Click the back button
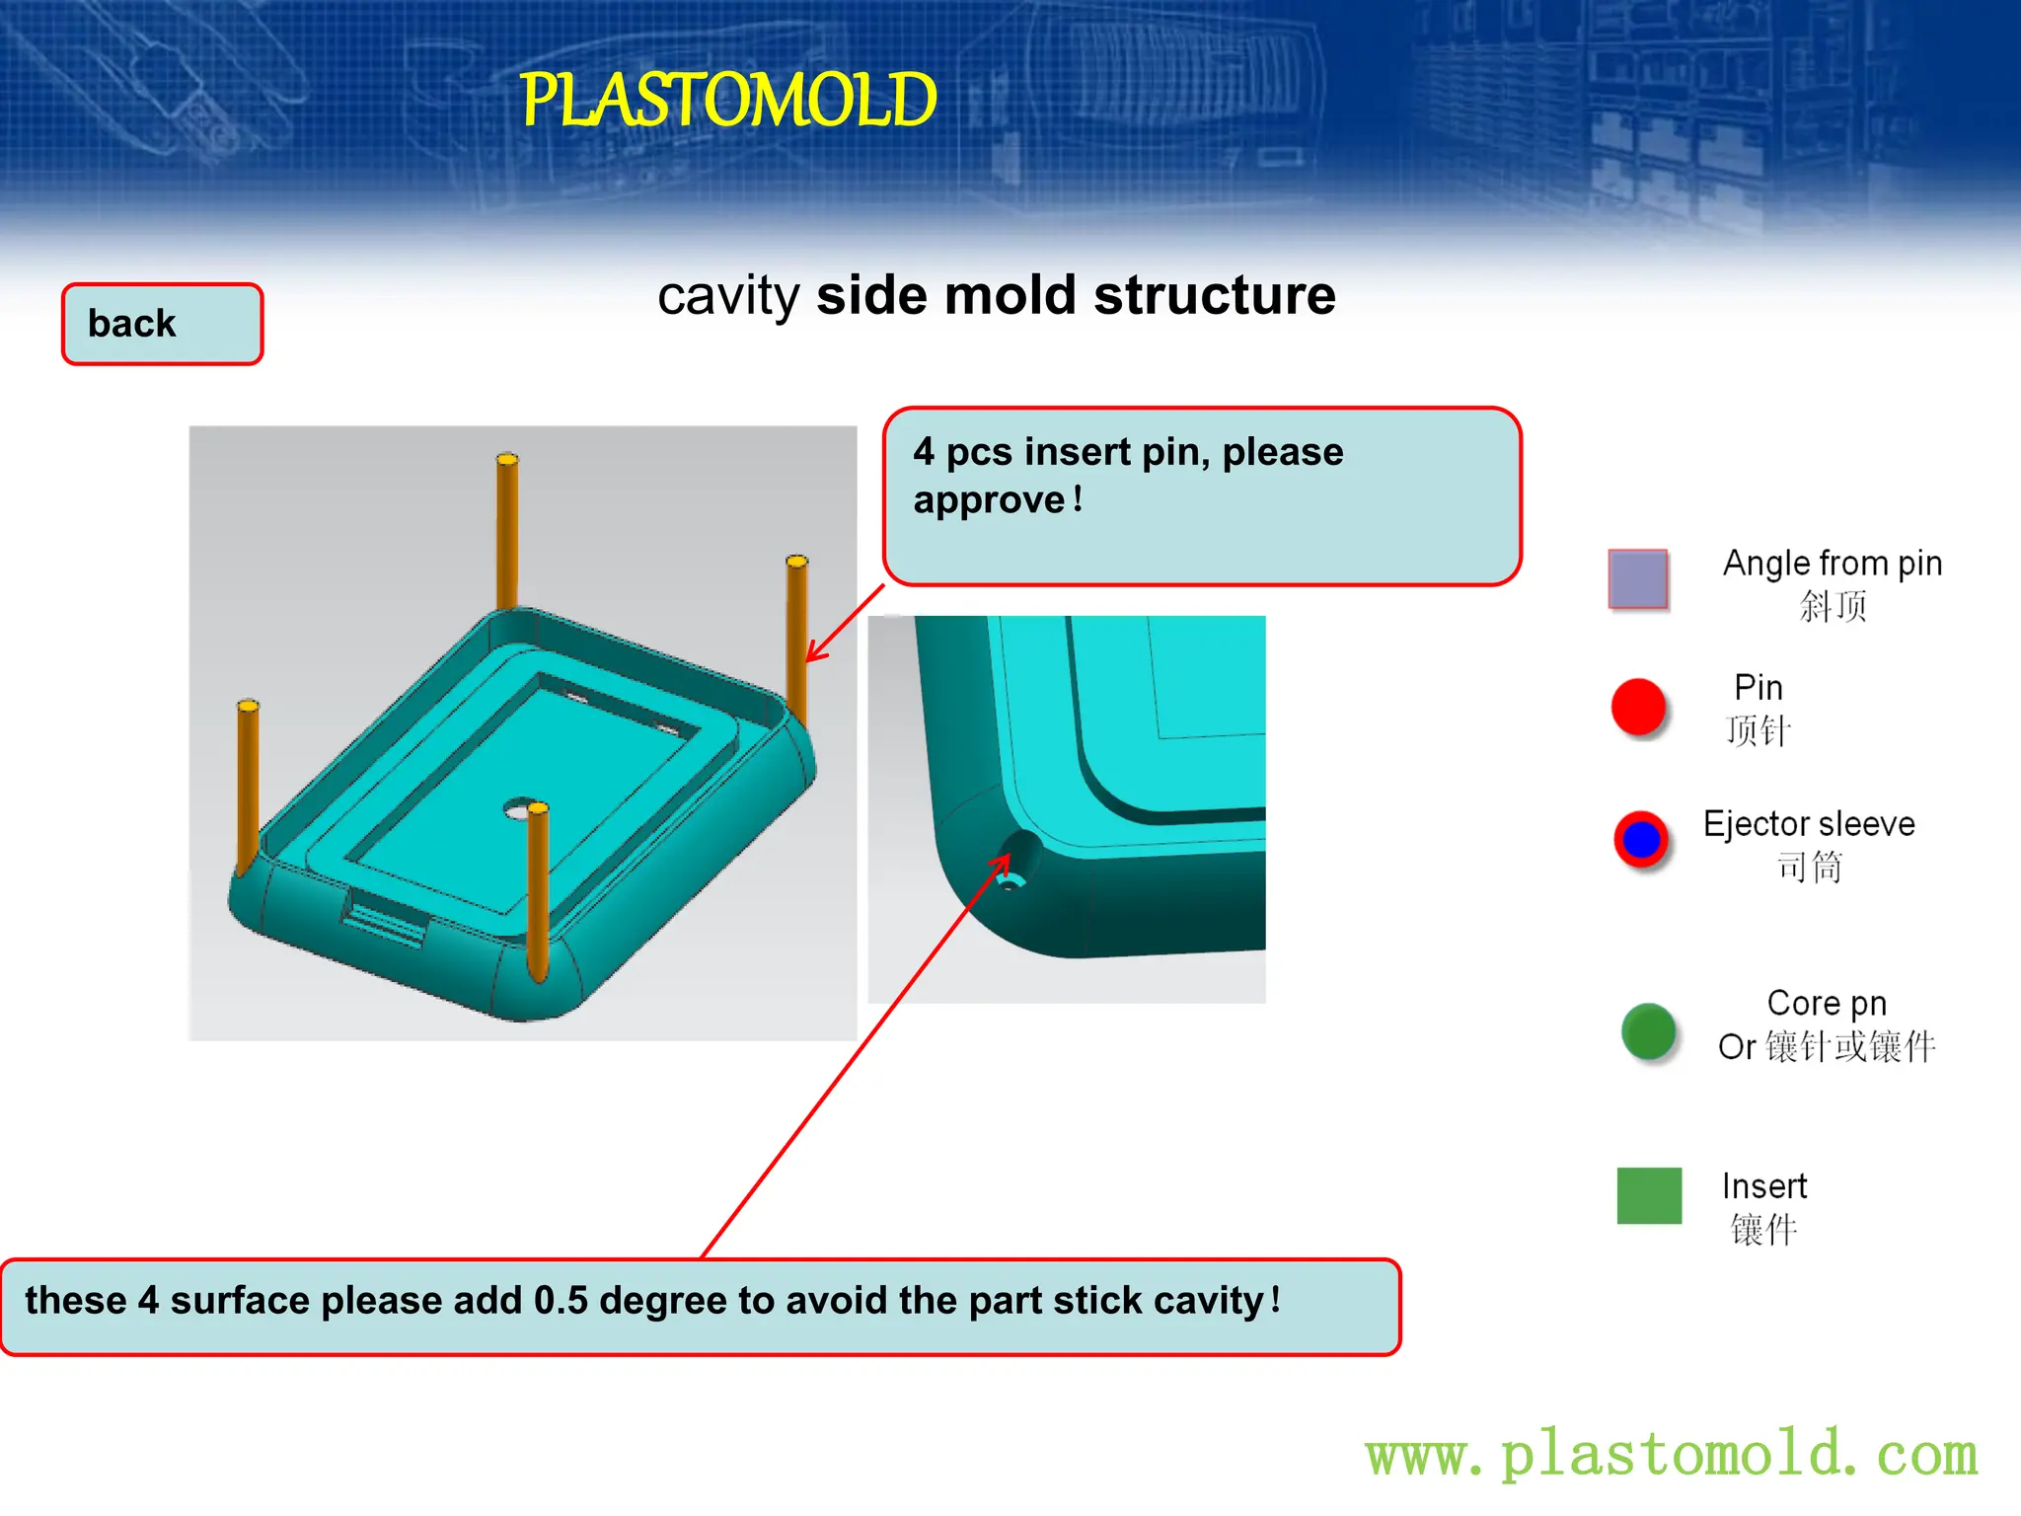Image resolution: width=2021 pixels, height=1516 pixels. tap(163, 324)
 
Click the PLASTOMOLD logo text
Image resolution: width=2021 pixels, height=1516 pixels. tap(728, 101)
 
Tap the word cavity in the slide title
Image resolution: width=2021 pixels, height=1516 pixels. tap(728, 296)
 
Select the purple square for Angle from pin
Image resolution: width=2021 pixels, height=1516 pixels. tap(1638, 579)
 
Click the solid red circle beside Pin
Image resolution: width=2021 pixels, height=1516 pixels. tap(1638, 707)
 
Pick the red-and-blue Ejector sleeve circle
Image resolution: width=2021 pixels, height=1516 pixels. tap(1641, 839)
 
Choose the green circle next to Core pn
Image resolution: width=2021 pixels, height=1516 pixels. tap(1648, 1031)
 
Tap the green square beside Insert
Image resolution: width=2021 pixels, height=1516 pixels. tap(1649, 1195)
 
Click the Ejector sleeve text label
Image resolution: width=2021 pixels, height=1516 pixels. tap(1808, 823)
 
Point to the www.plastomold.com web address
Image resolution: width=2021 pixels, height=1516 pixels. tap(1672, 1454)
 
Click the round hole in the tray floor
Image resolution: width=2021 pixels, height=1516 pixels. tap(516, 810)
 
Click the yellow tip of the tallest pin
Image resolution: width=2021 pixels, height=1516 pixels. tap(507, 460)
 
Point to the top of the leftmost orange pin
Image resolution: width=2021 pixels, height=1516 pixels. tap(248, 707)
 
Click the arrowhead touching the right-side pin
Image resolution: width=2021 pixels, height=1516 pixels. tap(812, 655)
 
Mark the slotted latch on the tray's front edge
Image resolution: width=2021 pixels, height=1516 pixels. tap(384, 918)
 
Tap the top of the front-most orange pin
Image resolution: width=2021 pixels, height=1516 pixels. tap(538, 810)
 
